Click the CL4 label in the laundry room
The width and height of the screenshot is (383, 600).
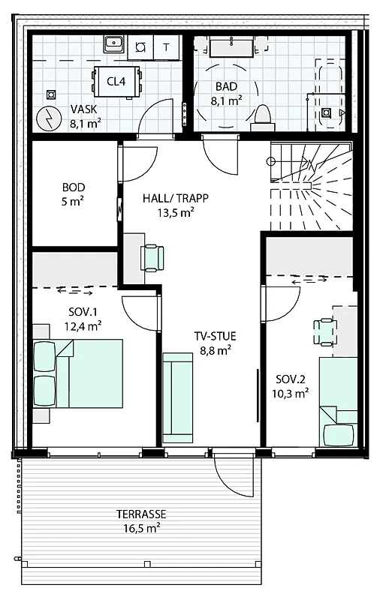coord(116,82)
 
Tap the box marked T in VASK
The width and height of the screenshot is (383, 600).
coord(166,47)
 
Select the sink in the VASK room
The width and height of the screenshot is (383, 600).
coord(113,45)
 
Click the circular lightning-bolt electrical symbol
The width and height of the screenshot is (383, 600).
coord(49,118)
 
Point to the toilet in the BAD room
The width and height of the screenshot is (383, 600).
coord(263,118)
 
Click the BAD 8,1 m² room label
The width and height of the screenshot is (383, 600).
coord(226,93)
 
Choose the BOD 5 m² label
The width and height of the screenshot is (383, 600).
coord(74,194)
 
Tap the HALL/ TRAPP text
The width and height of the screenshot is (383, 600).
coord(176,198)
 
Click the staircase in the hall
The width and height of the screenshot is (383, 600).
coord(311,186)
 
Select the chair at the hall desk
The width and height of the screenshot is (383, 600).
coord(152,259)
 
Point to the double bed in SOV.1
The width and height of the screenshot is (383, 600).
coord(78,373)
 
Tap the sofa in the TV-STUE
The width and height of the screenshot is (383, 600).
coord(177,398)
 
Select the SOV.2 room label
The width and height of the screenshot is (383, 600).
coord(291,379)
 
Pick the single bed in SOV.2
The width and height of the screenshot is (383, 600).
coord(338,403)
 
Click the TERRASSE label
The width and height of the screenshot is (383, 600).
coord(141,514)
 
